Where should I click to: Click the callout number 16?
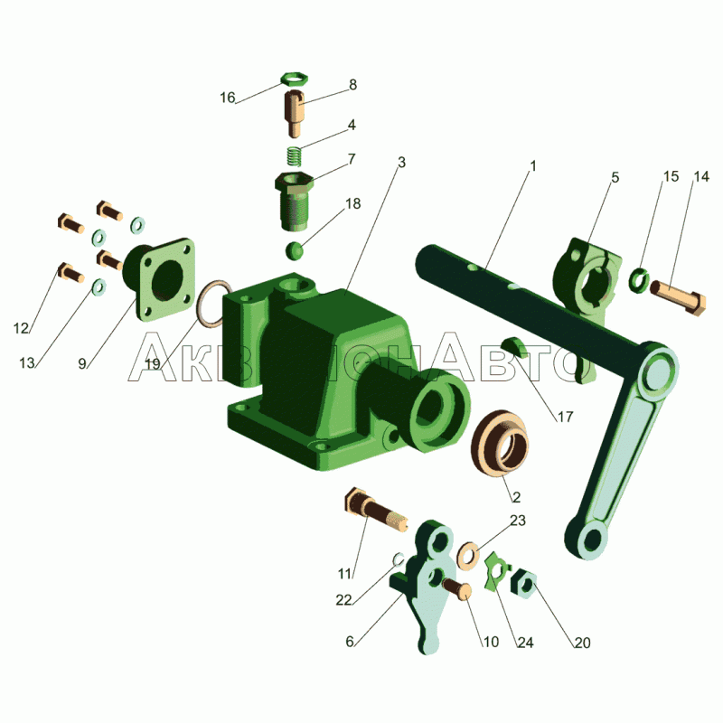click(x=228, y=98)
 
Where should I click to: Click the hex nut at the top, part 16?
click(x=295, y=80)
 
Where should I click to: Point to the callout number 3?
click(x=401, y=163)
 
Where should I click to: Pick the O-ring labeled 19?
click(x=214, y=304)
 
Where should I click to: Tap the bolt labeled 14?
click(x=678, y=296)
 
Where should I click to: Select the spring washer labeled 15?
click(x=640, y=280)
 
